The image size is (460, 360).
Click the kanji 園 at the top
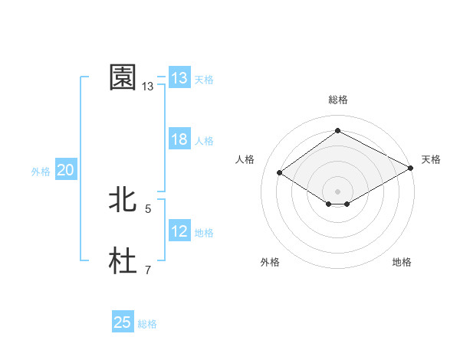coord(123,77)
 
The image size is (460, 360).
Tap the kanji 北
coord(123,200)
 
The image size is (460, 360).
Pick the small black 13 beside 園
coord(148,87)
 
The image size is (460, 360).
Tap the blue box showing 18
coord(179,139)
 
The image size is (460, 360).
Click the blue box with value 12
coord(179,231)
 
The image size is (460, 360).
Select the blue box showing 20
coord(66,171)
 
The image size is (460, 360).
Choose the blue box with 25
coord(123,322)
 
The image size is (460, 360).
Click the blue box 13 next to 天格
coord(179,78)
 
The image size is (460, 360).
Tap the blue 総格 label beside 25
coord(147,324)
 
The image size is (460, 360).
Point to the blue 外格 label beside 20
coord(41,172)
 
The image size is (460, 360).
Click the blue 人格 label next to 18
coord(204,141)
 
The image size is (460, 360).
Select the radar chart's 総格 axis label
coord(337,100)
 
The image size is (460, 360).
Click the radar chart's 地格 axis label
coord(402,263)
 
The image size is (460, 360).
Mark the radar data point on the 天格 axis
coord(411,169)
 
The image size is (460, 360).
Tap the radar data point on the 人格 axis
coord(280,173)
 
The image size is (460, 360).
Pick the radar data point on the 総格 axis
coord(337,131)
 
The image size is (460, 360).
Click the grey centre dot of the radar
coord(337,191)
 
